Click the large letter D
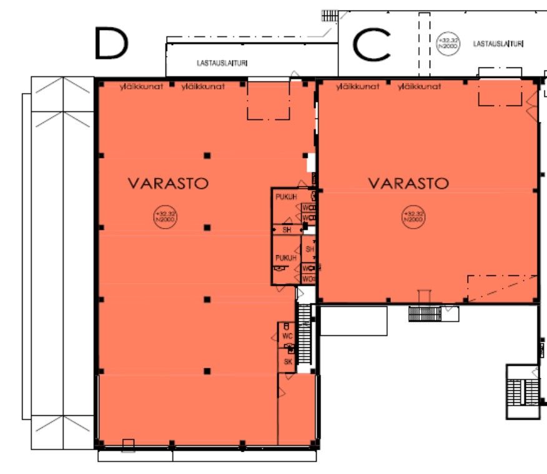click(x=112, y=43)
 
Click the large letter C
click(x=372, y=44)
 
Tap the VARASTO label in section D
click(x=168, y=184)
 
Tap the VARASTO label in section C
click(x=408, y=184)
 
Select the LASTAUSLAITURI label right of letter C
click(x=498, y=44)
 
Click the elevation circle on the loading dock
click(x=447, y=44)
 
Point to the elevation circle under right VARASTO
click(x=411, y=217)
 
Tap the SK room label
click(x=288, y=362)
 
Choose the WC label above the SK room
click(x=287, y=337)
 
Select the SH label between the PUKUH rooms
click(x=287, y=230)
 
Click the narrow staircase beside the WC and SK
click(x=305, y=338)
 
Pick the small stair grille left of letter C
click(x=329, y=16)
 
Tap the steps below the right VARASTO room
click(x=425, y=314)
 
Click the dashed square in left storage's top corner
click(x=269, y=101)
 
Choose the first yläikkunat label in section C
click(x=357, y=86)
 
